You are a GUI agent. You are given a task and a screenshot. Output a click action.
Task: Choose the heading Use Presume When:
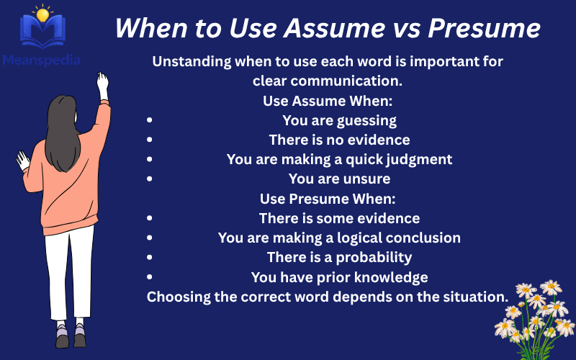(328, 198)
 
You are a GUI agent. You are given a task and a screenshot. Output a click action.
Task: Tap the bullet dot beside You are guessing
(149, 120)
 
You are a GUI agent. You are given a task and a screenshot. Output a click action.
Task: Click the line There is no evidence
(339, 140)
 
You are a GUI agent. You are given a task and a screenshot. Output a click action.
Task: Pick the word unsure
(367, 179)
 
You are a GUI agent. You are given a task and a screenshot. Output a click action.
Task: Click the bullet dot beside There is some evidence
(149, 218)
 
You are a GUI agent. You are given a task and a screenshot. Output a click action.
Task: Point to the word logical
(364, 238)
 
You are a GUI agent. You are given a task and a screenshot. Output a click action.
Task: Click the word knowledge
(395, 277)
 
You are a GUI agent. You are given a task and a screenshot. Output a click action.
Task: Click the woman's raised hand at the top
(103, 82)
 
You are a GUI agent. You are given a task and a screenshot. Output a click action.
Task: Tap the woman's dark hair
(63, 126)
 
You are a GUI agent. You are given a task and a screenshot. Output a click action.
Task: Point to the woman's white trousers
(69, 274)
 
